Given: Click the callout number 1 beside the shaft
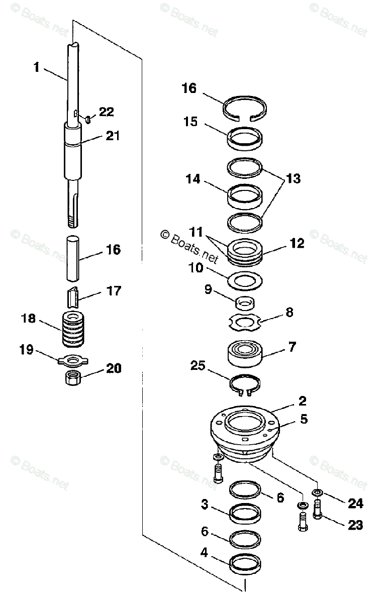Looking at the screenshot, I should [x=36, y=67].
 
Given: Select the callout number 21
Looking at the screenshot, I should [x=112, y=136].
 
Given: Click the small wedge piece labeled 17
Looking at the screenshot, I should [x=74, y=297].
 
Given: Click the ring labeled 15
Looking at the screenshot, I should [x=245, y=137].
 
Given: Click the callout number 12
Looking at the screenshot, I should [x=297, y=244].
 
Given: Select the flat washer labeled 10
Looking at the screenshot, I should [x=245, y=280].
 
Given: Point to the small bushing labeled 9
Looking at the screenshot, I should [x=245, y=304].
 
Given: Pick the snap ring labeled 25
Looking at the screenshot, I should [x=245, y=385].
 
